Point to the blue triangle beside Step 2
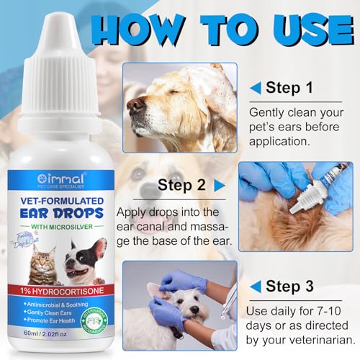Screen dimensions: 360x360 220,185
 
